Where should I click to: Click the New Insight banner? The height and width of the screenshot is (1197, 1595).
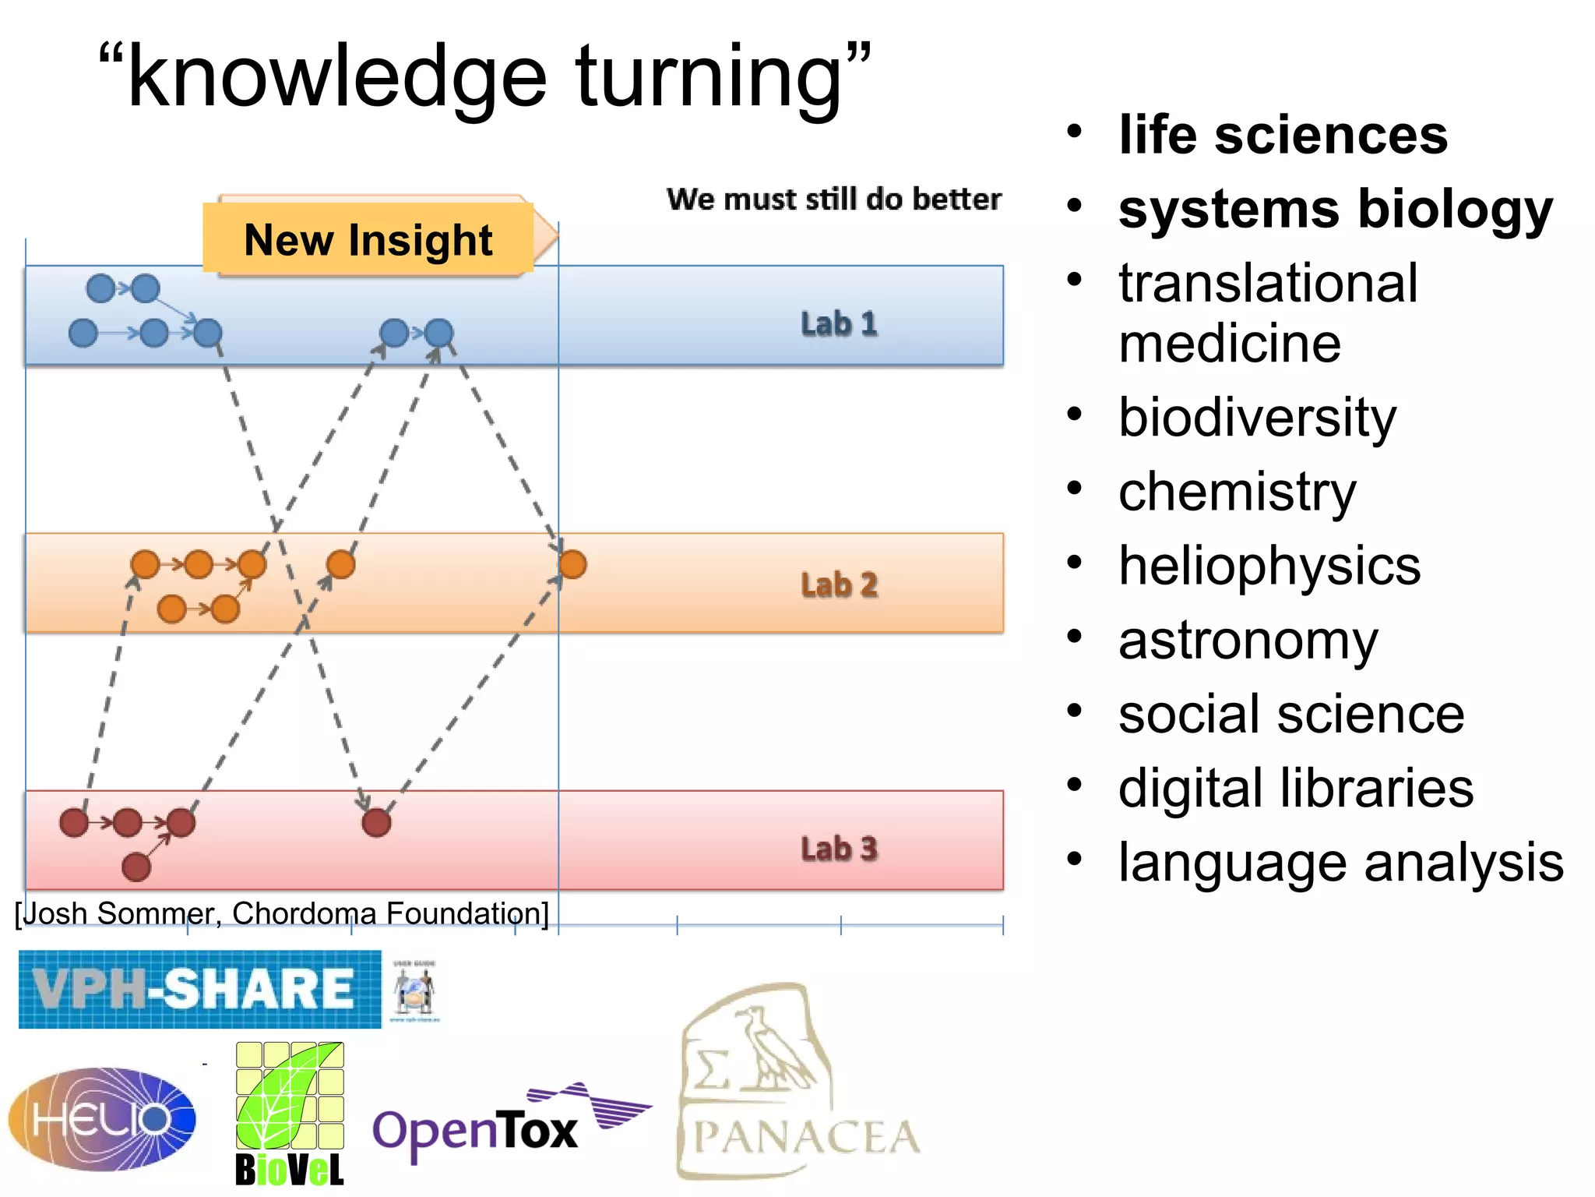click(368, 239)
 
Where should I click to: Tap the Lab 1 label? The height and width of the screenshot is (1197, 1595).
click(839, 323)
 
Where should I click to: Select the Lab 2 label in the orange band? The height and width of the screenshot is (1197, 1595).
click(839, 584)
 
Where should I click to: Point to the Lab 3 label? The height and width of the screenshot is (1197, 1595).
click(839, 848)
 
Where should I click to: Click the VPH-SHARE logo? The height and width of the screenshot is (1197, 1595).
click(199, 989)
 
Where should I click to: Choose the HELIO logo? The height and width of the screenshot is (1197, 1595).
click(102, 1118)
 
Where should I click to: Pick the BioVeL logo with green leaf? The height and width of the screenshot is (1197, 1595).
click(290, 1114)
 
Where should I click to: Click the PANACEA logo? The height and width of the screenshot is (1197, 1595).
click(798, 1083)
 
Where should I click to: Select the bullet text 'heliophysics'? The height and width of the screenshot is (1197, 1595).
click(1269, 565)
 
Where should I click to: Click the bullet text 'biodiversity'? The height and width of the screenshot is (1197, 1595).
click(1257, 418)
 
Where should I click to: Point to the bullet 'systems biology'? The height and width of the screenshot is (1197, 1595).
click(1335, 210)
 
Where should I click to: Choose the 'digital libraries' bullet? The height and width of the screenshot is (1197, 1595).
click(1295, 788)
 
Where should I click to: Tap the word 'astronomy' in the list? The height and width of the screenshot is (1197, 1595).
click(1248, 640)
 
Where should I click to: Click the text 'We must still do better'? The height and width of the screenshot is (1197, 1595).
click(833, 199)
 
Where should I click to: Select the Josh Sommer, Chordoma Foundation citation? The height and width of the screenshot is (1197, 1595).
click(282, 913)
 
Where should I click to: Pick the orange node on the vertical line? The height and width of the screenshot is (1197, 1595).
click(572, 563)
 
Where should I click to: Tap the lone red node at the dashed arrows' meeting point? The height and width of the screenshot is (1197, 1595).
click(376, 822)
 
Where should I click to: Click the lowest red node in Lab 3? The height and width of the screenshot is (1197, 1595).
click(136, 867)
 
